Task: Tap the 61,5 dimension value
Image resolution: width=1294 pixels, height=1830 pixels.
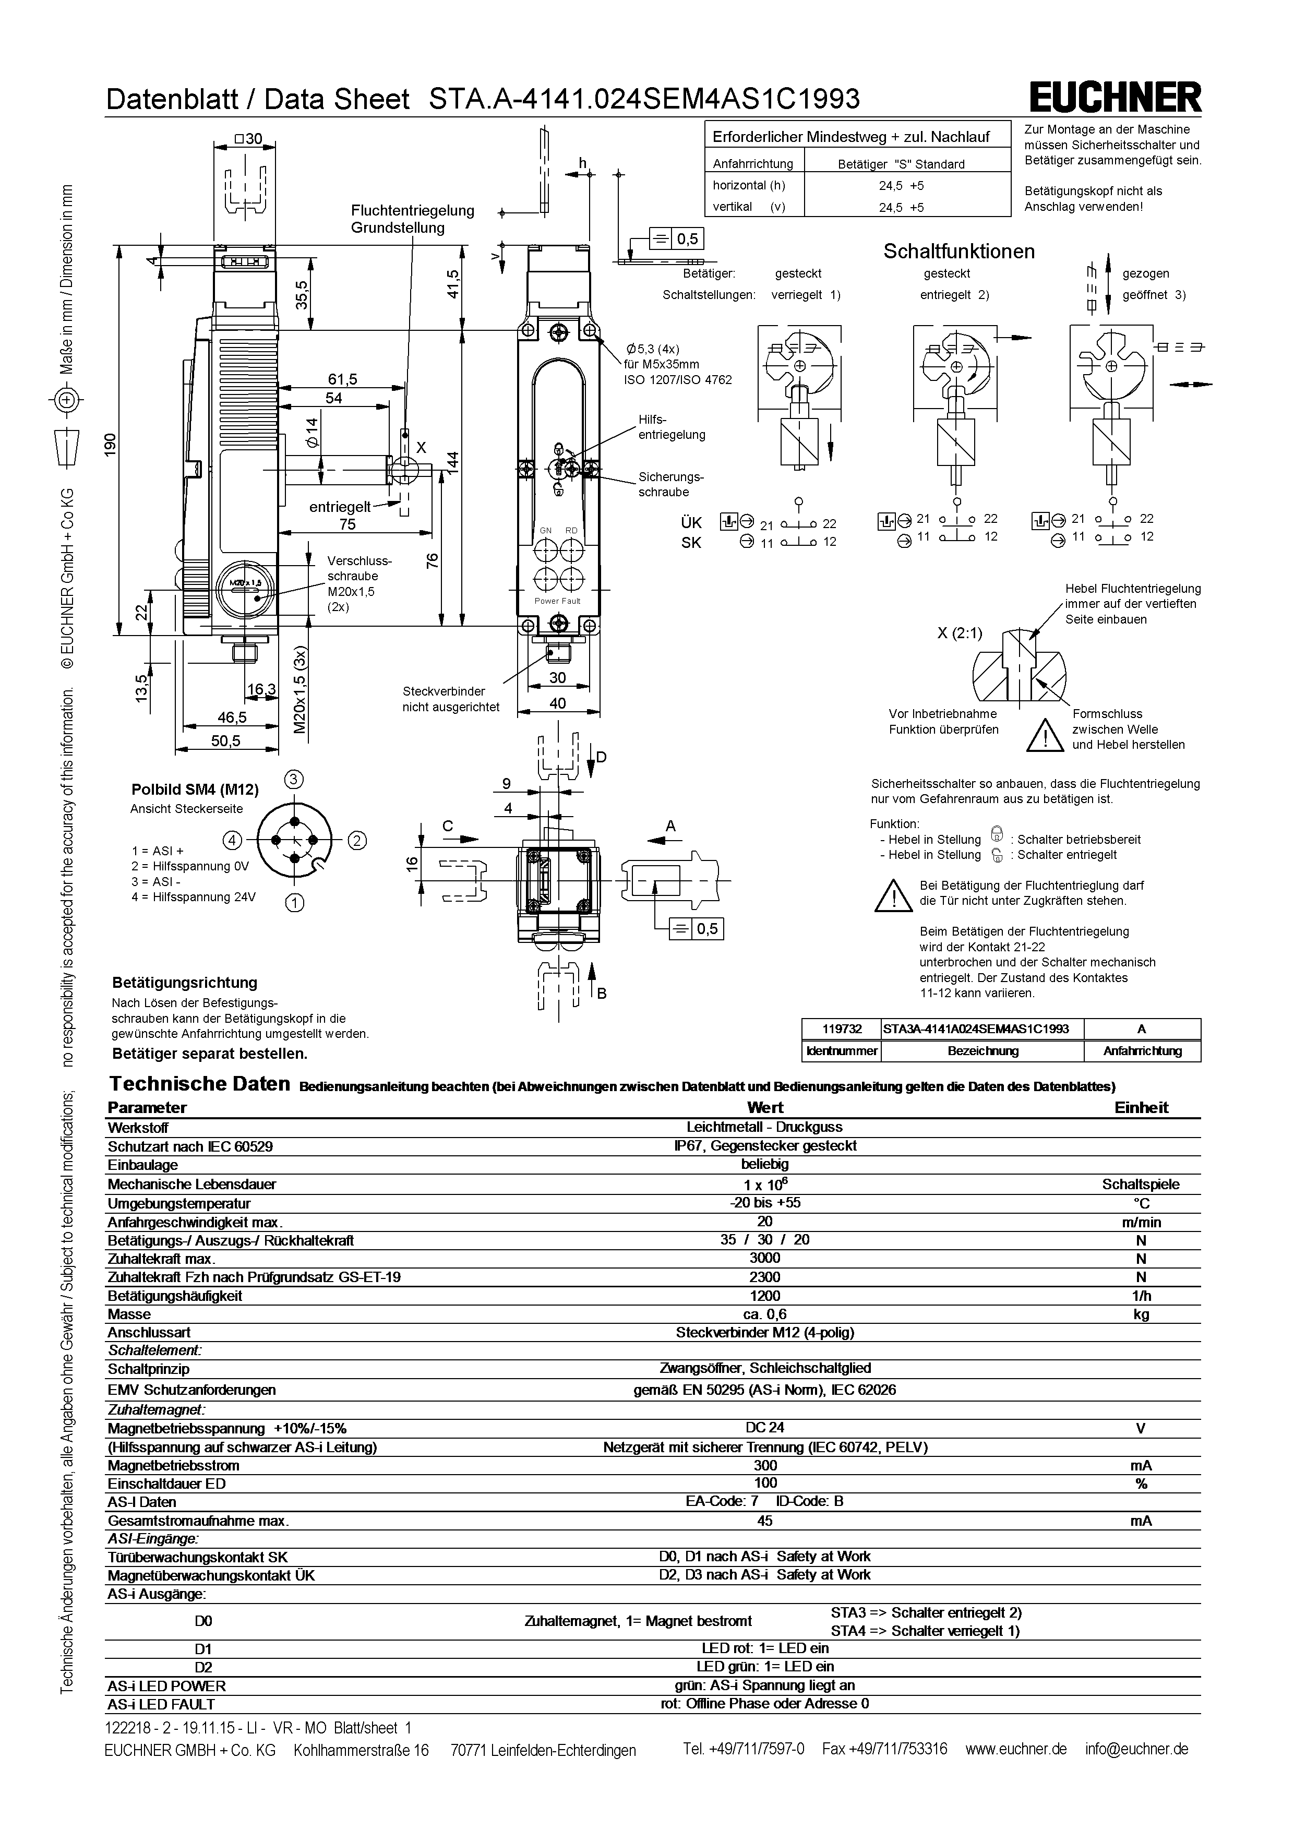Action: coord(343,379)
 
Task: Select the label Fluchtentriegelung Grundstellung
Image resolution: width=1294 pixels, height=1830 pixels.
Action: coord(412,219)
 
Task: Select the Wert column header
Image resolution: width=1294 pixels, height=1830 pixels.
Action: coord(765,1107)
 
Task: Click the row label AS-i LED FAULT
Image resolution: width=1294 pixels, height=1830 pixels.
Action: coord(161,1704)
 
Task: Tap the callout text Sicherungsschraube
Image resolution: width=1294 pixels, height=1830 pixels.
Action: coord(670,485)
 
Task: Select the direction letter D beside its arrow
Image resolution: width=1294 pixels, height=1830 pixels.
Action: coord(602,757)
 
